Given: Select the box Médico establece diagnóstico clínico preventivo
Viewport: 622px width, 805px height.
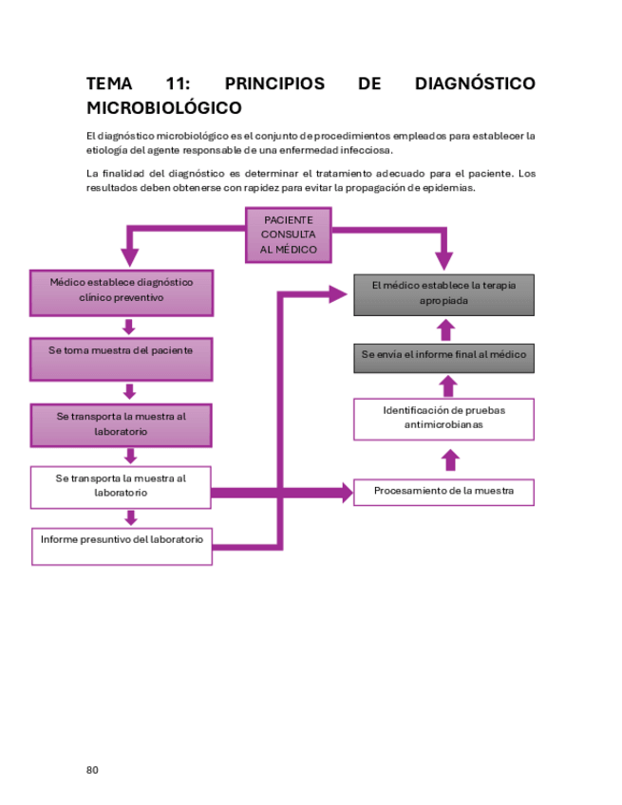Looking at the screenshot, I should point(121,292).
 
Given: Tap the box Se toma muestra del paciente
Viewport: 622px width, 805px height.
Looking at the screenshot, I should point(121,359).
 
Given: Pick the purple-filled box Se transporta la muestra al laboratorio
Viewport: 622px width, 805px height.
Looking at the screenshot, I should point(121,424).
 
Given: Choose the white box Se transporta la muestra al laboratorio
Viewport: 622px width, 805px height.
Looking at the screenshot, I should point(121,486).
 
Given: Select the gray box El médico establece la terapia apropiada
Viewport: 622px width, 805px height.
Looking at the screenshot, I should point(443,294).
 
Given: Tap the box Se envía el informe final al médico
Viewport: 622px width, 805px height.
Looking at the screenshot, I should point(443,355).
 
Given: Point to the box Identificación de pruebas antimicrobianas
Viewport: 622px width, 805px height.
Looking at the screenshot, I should point(443,419).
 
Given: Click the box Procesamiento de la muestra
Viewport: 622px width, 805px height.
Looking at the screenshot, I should point(443,492).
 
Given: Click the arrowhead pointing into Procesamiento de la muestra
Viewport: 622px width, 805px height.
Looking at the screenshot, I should point(343,493).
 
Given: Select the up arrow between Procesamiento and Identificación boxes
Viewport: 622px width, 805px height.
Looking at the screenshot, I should point(450,459).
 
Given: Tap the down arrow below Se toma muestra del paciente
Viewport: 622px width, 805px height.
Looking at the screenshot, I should point(130,391).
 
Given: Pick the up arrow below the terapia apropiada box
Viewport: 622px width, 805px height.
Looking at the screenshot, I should point(446,328).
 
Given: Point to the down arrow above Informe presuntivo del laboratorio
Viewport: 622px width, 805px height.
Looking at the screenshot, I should point(131,517).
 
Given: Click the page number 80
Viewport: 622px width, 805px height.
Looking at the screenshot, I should point(92,769).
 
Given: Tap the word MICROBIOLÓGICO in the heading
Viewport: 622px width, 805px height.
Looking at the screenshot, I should point(163,108).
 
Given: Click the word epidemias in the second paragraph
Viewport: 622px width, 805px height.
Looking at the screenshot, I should point(447,188).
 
